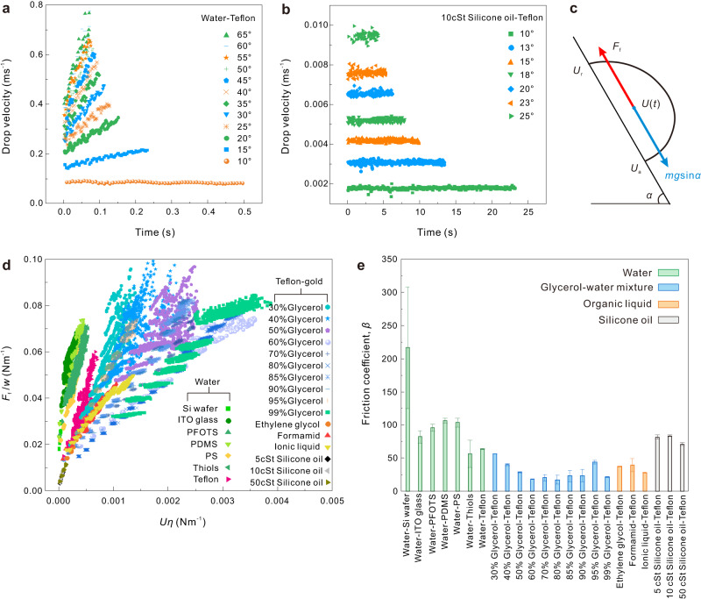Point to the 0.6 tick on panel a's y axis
(46, 53)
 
